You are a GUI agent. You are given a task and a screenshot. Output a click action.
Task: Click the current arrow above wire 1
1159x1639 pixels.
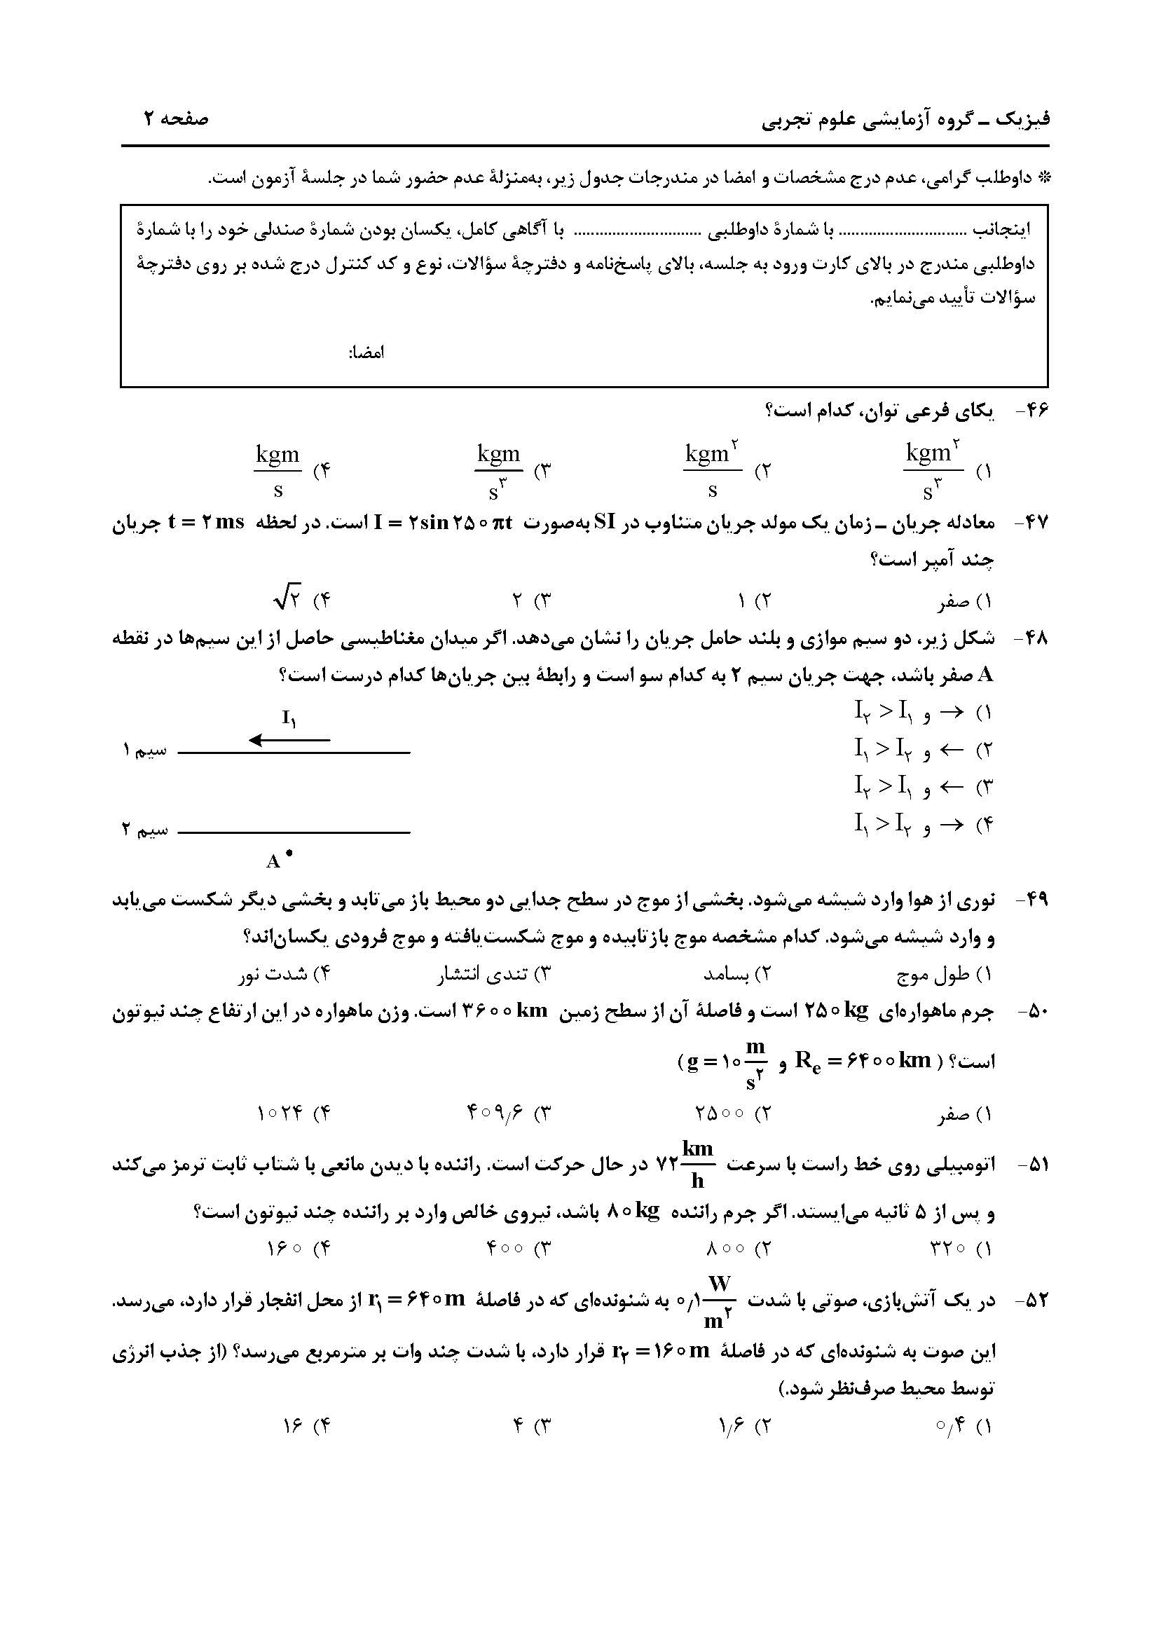tap(289, 740)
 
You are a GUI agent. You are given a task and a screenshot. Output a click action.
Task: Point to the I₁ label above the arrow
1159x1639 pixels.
tap(289, 718)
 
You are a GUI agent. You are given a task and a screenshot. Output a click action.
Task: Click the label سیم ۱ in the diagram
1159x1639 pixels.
tap(145, 750)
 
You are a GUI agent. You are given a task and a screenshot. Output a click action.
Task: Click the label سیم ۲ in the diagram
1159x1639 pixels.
tap(145, 830)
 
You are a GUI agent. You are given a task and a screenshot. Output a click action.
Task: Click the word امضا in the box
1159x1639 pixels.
tap(366, 352)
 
